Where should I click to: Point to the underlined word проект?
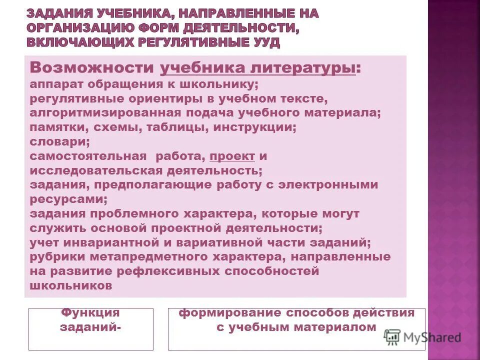point(232,156)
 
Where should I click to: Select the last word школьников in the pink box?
point(70,286)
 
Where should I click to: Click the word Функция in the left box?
point(90,313)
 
